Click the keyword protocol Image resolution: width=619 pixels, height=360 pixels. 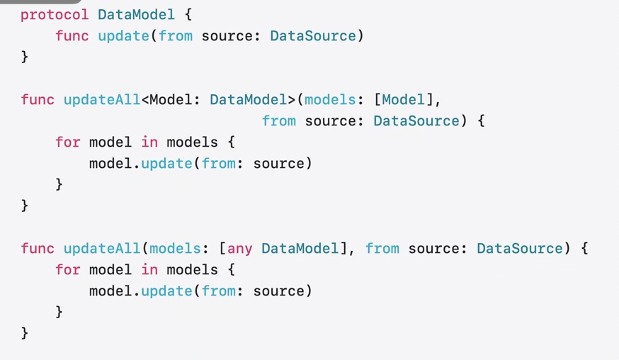55,14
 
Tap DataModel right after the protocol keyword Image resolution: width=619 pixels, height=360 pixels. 136,14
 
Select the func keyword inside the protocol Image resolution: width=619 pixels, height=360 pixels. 72,35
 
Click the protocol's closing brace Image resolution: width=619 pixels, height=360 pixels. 25,57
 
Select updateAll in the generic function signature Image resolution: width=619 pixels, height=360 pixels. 102,99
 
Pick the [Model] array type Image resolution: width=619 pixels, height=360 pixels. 403,99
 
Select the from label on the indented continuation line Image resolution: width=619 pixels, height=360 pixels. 278,120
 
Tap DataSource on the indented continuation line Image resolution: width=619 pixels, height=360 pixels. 416,120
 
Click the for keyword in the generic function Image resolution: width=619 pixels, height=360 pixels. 68,142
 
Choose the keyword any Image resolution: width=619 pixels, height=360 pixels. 239,248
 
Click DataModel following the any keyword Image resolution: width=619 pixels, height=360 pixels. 300,248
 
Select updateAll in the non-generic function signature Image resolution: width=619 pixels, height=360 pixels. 102,248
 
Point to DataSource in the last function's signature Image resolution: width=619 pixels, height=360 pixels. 520,248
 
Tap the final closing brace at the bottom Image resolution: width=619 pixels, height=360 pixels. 25,332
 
